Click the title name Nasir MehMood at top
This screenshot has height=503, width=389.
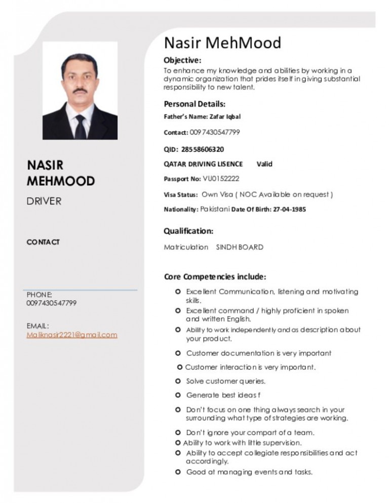click(222, 43)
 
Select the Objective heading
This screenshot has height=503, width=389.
click(182, 60)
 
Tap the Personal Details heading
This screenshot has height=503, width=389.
click(194, 104)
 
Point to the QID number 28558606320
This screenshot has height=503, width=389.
click(203, 149)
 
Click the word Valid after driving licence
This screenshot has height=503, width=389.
click(264, 164)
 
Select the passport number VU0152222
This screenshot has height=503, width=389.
click(221, 179)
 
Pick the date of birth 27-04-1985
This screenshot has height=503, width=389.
click(289, 209)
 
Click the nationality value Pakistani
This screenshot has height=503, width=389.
click(215, 209)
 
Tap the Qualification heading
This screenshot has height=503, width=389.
click(188, 231)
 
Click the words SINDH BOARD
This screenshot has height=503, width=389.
click(240, 247)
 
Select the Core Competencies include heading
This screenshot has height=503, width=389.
click(215, 276)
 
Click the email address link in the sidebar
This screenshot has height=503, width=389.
click(72, 334)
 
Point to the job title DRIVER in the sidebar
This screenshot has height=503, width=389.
click(44, 201)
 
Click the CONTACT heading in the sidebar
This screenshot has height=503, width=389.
click(43, 242)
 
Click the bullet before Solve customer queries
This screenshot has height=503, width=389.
click(178, 381)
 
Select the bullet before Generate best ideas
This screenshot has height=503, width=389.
click(178, 395)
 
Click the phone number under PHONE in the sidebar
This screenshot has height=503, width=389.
click(52, 303)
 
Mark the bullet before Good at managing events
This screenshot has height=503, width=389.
click(178, 472)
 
